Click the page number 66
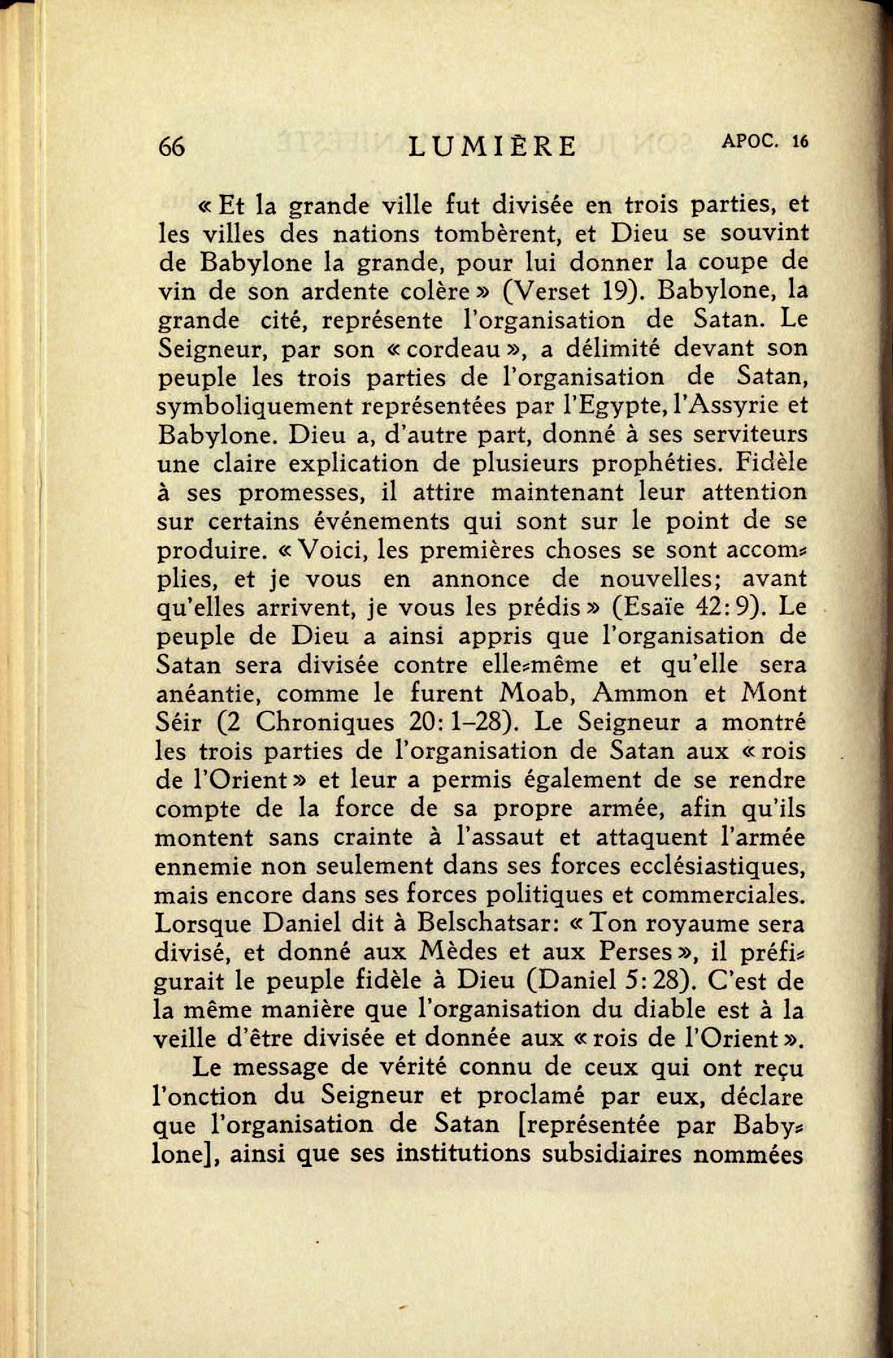point(172,147)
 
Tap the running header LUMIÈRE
point(493,147)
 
